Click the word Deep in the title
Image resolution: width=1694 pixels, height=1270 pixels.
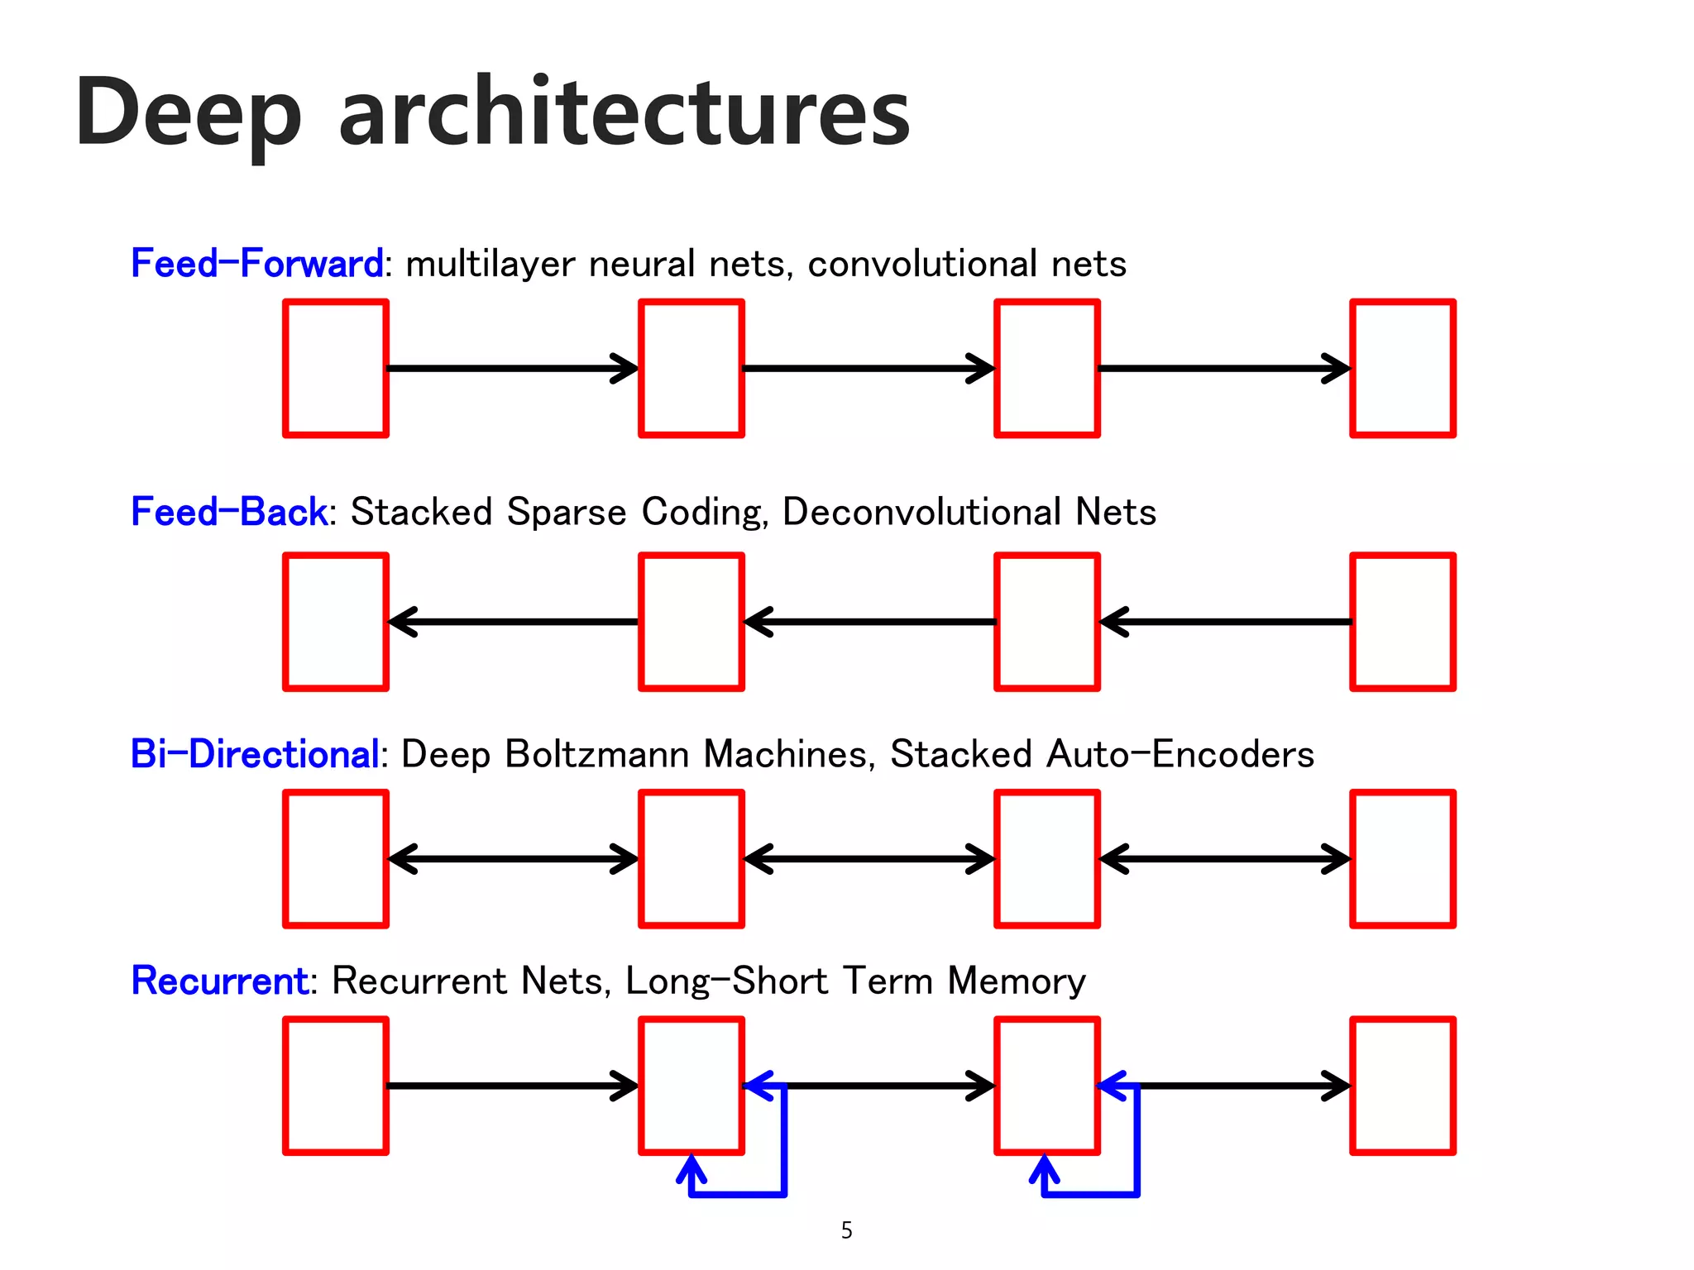click(189, 114)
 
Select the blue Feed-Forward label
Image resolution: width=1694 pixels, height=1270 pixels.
click(256, 264)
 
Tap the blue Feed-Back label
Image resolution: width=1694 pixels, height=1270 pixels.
click(229, 512)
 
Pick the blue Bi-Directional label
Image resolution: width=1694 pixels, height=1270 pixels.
click(255, 754)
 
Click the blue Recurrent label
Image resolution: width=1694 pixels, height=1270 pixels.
click(220, 981)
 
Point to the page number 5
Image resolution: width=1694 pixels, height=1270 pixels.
click(846, 1230)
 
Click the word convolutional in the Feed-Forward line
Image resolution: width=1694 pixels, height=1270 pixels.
click(922, 264)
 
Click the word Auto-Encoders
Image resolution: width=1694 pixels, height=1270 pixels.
click(1180, 754)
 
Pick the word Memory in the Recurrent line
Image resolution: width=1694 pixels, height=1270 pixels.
click(1017, 981)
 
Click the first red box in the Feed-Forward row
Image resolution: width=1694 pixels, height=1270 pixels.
click(336, 368)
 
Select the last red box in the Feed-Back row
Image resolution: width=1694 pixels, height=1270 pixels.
click(1403, 622)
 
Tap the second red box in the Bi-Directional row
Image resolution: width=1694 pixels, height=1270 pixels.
click(691, 859)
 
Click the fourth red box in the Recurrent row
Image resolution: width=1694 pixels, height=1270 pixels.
click(1403, 1086)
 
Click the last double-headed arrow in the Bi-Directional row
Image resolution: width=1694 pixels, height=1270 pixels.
click(1225, 859)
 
